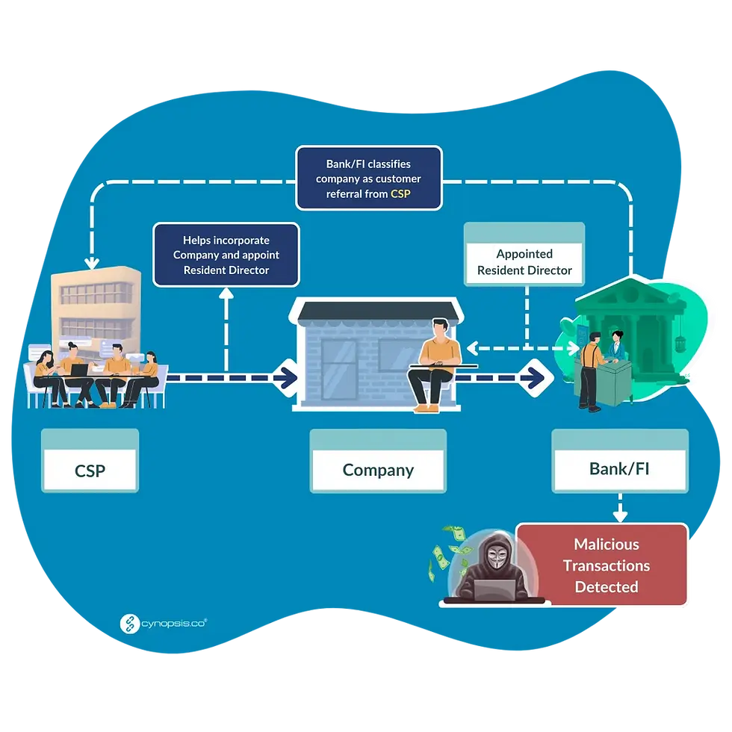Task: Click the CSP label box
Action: pos(90,471)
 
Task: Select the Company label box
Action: pos(378,470)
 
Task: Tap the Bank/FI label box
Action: pos(620,470)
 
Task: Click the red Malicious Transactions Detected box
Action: pos(606,565)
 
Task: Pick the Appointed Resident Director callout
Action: pos(524,261)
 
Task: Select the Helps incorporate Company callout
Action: pos(226,255)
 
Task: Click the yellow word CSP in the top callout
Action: pos(400,193)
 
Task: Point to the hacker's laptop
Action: pos(494,589)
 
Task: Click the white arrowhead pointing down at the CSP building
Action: pos(92,263)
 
